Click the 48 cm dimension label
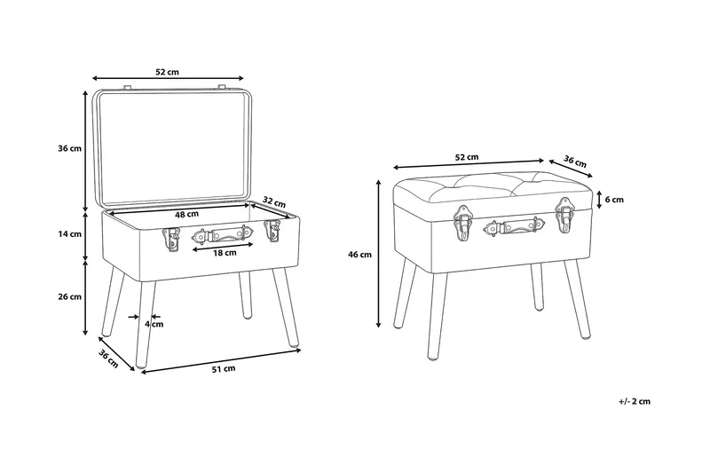[186, 215]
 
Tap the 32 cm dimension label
[274, 201]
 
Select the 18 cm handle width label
[225, 253]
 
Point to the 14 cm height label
[70, 234]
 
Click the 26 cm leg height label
[70, 296]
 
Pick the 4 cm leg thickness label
[154, 324]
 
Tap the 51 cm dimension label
[224, 369]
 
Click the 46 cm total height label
[359, 255]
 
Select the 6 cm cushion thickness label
[614, 200]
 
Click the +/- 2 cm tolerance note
[634, 401]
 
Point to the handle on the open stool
[223, 234]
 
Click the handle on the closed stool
[514, 226]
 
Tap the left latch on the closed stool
[462, 223]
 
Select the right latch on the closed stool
[564, 215]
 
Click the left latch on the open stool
[170, 238]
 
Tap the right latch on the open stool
[272, 231]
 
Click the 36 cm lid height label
[70, 148]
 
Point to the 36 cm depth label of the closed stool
[574, 162]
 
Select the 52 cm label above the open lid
[167, 72]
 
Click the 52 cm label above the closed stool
[467, 157]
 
